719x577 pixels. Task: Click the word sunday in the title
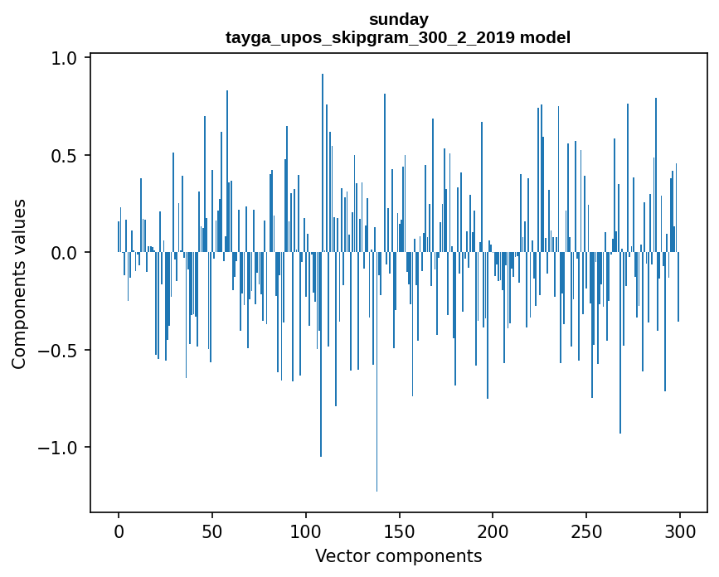(398, 19)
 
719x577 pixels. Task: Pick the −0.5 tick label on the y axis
(59, 350)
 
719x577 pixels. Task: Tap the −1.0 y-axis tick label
(59, 448)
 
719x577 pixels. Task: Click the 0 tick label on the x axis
(119, 531)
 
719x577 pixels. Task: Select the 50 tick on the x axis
(212, 531)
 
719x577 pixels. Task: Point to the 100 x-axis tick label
(306, 531)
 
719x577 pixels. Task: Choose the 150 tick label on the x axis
(399, 531)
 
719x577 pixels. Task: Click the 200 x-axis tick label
(493, 531)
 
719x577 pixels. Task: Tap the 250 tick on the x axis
(586, 531)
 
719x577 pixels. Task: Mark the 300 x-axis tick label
(680, 531)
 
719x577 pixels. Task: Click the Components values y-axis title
(19, 284)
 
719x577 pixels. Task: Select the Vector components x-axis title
(398, 556)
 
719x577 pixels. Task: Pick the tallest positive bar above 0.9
(323, 124)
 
